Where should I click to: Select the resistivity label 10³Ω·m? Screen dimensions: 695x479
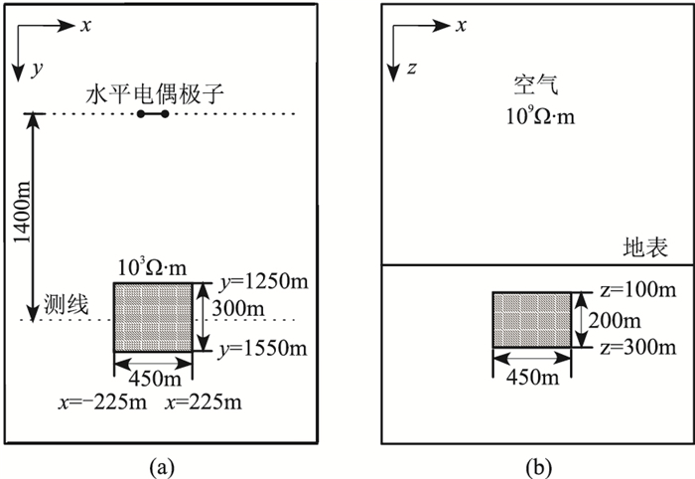151,269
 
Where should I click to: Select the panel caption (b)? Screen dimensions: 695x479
535,464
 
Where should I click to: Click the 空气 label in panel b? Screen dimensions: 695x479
532,86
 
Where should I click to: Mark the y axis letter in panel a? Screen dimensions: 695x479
37,71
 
